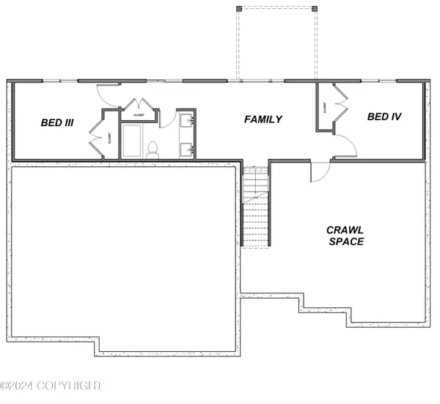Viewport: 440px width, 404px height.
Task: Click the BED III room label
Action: click(57, 123)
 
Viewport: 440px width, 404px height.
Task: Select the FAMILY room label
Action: click(263, 119)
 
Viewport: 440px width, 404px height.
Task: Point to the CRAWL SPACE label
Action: click(345, 235)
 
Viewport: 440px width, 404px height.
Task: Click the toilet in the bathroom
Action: click(153, 150)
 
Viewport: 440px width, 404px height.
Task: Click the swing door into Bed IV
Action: click(345, 147)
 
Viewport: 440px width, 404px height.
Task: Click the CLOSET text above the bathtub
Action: click(138, 115)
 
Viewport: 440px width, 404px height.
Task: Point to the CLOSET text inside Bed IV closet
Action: click(324, 109)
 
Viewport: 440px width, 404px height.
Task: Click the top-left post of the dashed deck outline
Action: click(238, 8)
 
